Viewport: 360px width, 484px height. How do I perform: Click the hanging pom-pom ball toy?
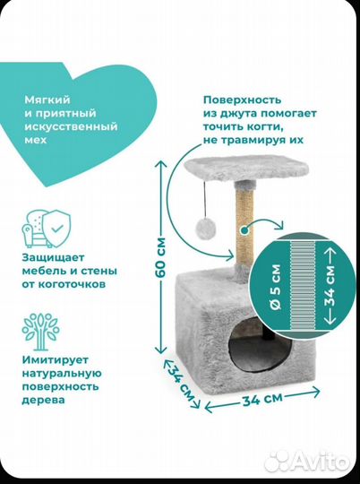[x=205, y=229]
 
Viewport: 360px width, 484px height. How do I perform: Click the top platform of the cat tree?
[x=246, y=169]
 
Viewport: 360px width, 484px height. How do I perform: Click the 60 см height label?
[x=160, y=257]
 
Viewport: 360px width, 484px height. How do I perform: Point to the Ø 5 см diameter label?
[x=276, y=287]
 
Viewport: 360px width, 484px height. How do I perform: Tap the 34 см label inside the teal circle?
[x=329, y=286]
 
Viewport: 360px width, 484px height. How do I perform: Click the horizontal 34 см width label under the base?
[x=262, y=399]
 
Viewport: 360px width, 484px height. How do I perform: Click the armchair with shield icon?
[x=47, y=229]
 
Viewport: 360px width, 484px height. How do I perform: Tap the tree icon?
[x=40, y=332]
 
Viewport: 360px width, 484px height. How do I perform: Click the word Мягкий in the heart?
[x=47, y=100]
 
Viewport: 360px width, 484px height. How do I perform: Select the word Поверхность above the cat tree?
[x=242, y=100]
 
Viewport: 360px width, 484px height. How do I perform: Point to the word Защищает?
[x=53, y=257]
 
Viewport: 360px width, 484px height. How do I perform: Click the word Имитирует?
[x=56, y=360]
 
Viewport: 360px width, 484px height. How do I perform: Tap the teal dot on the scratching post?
[x=244, y=230]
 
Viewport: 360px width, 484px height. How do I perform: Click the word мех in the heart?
[x=36, y=140]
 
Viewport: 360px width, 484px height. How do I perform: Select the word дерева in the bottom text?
[x=44, y=401]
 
